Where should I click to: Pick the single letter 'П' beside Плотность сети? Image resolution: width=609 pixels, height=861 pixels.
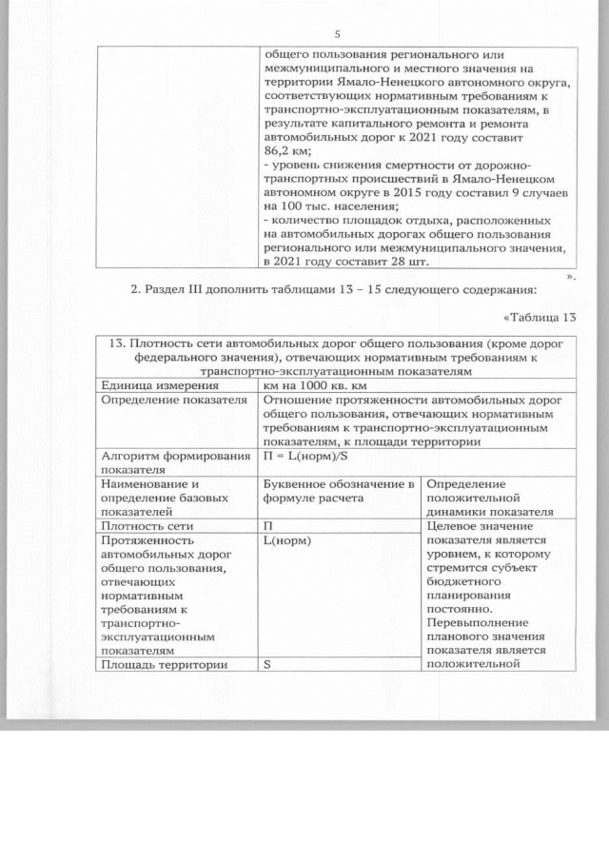pyautogui.click(x=268, y=525)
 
